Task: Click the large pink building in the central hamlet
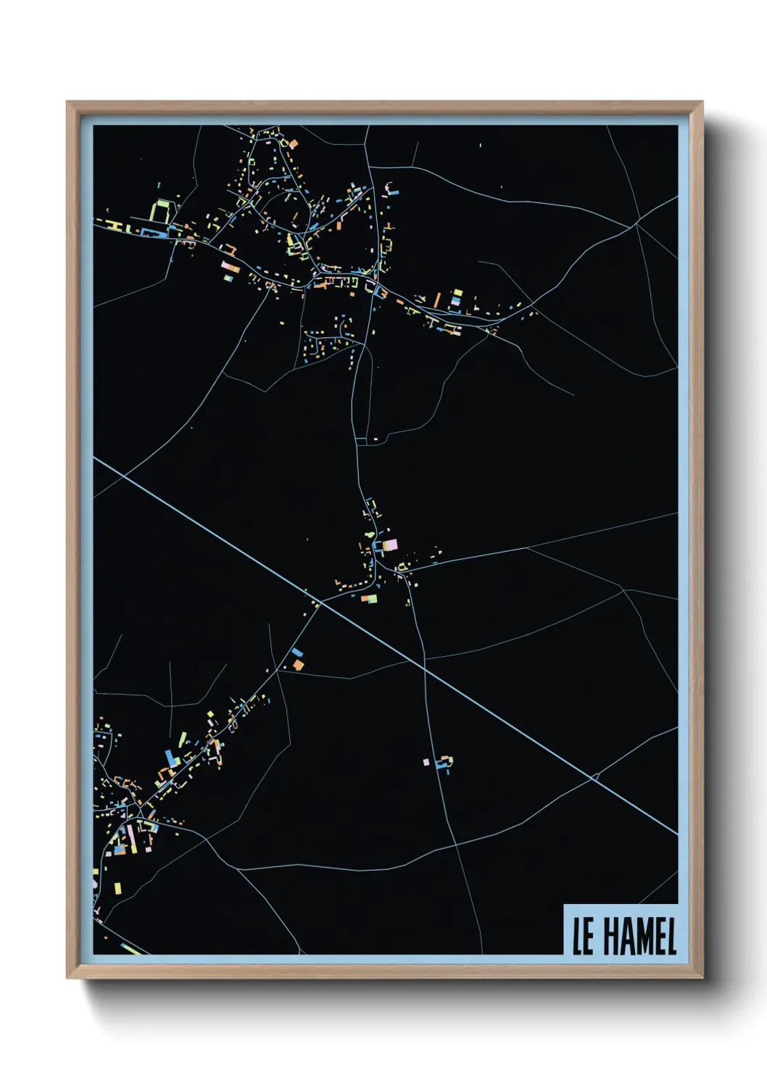coord(390,545)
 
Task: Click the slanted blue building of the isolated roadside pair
coord(297,652)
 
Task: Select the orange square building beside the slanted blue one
coord(298,664)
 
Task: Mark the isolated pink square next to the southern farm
coord(426,762)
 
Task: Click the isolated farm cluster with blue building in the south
coord(444,763)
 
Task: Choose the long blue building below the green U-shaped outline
coord(152,232)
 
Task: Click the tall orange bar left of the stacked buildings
coord(437,300)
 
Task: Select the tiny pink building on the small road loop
coord(376,439)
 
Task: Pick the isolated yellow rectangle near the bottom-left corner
coord(117,888)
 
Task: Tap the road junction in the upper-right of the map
coord(636,224)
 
